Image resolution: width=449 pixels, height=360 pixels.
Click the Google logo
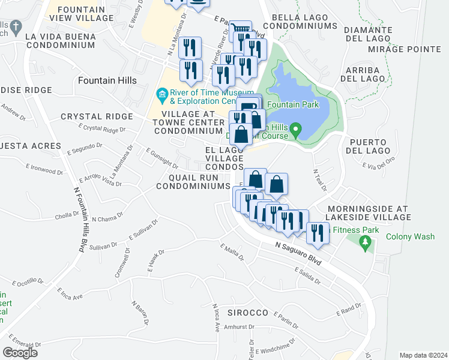(20, 353)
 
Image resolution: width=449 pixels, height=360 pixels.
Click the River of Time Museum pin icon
(161, 94)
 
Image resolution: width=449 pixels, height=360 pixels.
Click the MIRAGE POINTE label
(403, 49)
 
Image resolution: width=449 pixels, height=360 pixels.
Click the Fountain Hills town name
(107, 80)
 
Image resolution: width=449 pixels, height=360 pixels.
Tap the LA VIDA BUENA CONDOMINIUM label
(52, 40)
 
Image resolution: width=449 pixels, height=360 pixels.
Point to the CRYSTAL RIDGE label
(97, 116)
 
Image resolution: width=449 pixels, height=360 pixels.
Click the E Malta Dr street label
(232, 253)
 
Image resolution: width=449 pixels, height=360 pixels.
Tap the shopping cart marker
(240, 29)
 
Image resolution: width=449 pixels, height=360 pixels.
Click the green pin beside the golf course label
(295, 129)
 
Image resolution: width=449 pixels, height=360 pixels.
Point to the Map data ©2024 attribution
(423, 355)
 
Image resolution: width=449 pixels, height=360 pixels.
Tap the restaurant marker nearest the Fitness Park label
(318, 233)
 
